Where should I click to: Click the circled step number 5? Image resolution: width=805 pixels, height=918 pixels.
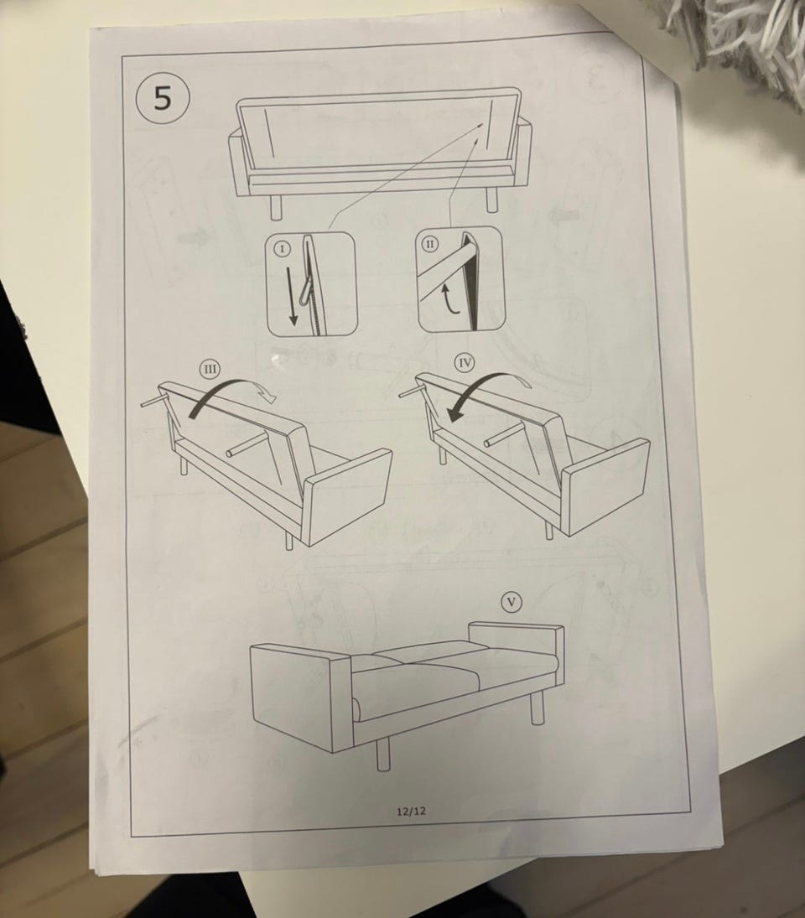(x=163, y=98)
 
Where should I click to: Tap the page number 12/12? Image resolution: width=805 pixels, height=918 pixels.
(x=412, y=811)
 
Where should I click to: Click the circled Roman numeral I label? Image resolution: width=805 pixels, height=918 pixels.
(x=283, y=249)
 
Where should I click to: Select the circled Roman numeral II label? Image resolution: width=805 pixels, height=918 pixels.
(x=430, y=244)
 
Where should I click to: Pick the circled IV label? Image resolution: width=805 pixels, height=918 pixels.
(x=465, y=363)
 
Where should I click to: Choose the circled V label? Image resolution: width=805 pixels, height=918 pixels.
(x=512, y=602)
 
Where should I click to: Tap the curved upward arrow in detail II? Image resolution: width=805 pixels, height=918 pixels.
(x=451, y=298)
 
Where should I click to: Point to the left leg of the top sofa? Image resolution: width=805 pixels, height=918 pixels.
(x=277, y=208)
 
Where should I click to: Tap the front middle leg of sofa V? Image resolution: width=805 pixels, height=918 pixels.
(x=383, y=754)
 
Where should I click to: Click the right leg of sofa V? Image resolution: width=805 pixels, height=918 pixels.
(x=537, y=705)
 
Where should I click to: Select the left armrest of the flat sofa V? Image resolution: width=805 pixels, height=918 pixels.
(x=299, y=697)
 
